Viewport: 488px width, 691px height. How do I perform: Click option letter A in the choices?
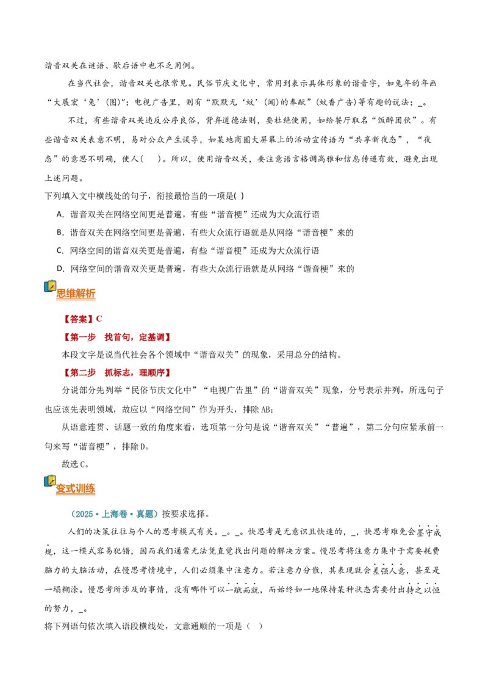tap(60, 215)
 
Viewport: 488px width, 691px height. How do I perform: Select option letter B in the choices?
tap(60, 233)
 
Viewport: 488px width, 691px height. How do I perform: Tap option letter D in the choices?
tap(60, 269)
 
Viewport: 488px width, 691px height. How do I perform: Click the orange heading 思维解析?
tap(76, 294)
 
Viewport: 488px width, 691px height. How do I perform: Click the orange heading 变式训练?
tap(76, 489)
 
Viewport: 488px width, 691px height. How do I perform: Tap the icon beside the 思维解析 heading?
tap(50, 286)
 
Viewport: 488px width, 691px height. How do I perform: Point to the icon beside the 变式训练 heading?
tap(50, 481)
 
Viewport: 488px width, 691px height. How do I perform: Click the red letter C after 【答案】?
tap(99, 319)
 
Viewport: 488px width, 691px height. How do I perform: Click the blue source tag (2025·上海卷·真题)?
tap(113, 514)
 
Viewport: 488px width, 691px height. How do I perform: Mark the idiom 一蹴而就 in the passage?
tap(242, 590)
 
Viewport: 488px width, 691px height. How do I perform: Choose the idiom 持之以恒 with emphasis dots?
tap(423, 590)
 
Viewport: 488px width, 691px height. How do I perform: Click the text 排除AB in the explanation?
tap(257, 410)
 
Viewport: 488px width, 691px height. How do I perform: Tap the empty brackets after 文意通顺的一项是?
tap(254, 626)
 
